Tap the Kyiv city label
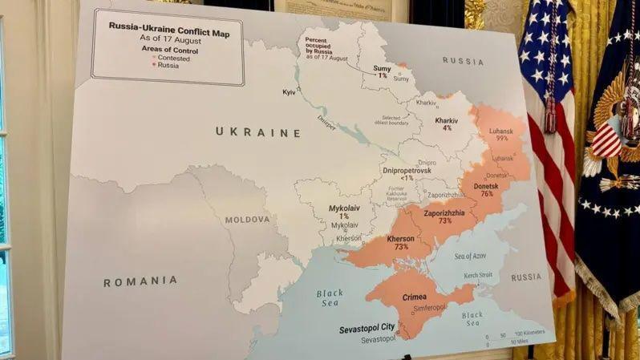click(290, 93)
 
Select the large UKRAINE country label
click(257, 132)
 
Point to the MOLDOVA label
click(247, 220)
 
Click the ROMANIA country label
click(140, 281)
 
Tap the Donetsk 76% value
click(486, 194)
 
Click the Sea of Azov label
click(470, 256)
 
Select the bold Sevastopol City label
click(365, 327)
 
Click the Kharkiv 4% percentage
click(447, 128)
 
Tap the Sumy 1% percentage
click(382, 75)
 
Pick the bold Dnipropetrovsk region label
click(407, 171)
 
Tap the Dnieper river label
click(326, 123)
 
